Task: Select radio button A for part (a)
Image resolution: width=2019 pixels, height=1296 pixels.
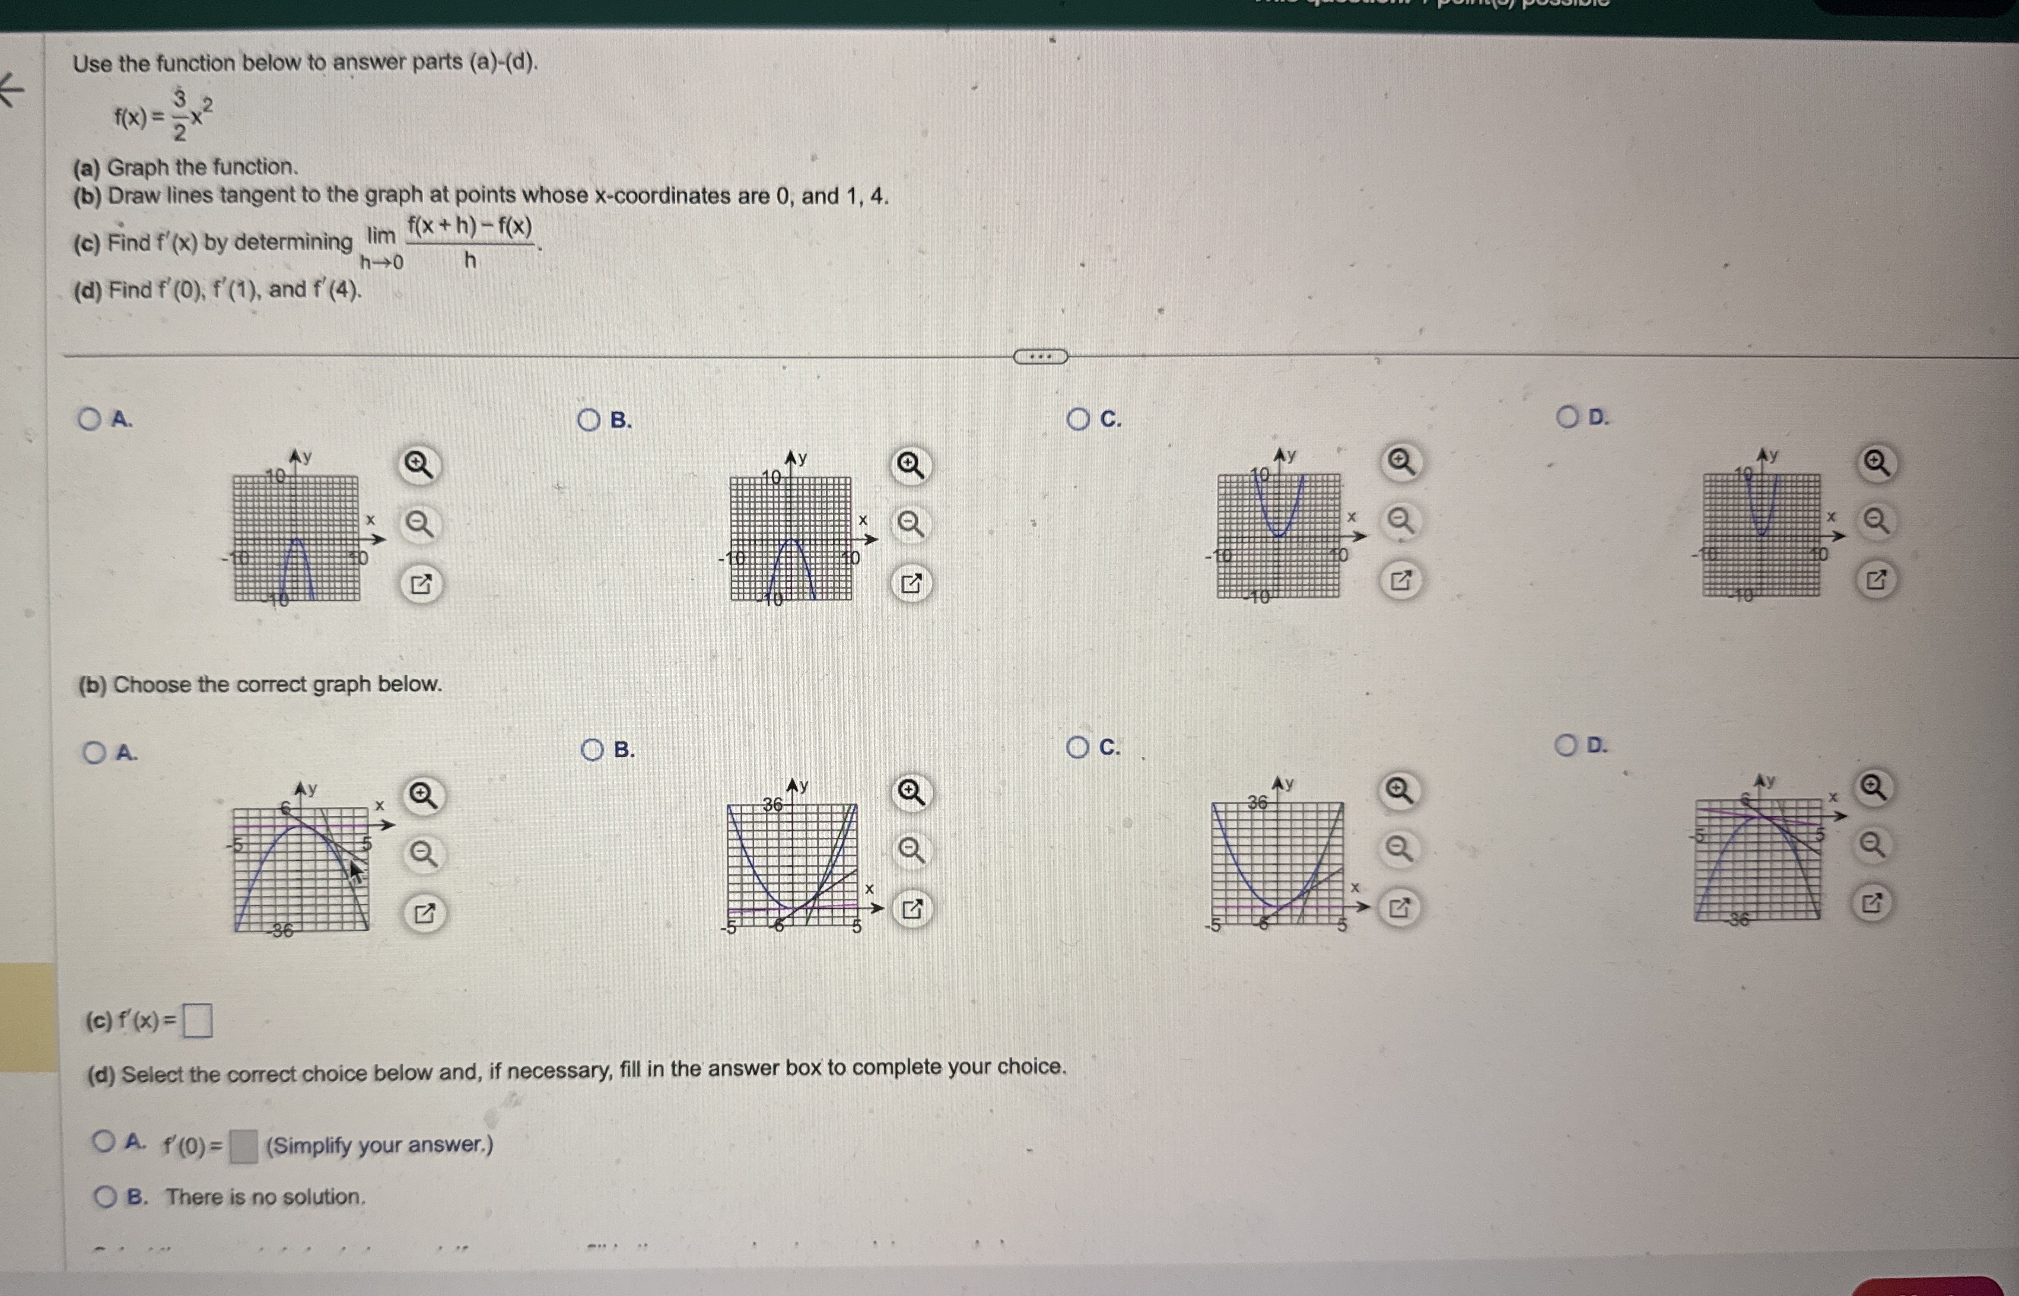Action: click(x=89, y=419)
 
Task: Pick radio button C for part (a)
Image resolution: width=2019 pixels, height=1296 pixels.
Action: click(x=1077, y=419)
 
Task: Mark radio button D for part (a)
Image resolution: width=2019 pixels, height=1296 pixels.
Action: click(x=1567, y=417)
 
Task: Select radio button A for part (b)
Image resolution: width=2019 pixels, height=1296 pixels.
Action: click(x=94, y=752)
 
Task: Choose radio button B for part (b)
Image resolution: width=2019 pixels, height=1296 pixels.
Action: click(x=592, y=749)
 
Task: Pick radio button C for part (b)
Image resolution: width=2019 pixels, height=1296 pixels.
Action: click(x=1077, y=747)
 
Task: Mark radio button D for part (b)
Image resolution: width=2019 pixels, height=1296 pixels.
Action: click(x=1566, y=745)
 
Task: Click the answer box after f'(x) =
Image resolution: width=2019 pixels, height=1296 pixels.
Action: click(x=198, y=1022)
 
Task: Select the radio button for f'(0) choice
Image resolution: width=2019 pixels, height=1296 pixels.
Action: click(x=104, y=1141)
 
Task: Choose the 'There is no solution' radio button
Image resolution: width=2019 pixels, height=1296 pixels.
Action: click(x=105, y=1197)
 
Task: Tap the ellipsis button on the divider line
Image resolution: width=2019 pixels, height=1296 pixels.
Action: click(x=1041, y=357)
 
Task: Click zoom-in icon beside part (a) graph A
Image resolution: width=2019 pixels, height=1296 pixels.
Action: click(x=419, y=463)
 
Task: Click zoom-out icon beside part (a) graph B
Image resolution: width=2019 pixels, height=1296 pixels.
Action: click(x=910, y=525)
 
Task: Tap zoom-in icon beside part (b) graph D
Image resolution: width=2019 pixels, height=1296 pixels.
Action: click(x=1872, y=787)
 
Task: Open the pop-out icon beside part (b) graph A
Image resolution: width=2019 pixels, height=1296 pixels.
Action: click(x=424, y=913)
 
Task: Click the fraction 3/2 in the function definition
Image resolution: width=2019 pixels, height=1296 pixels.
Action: click(x=179, y=115)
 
